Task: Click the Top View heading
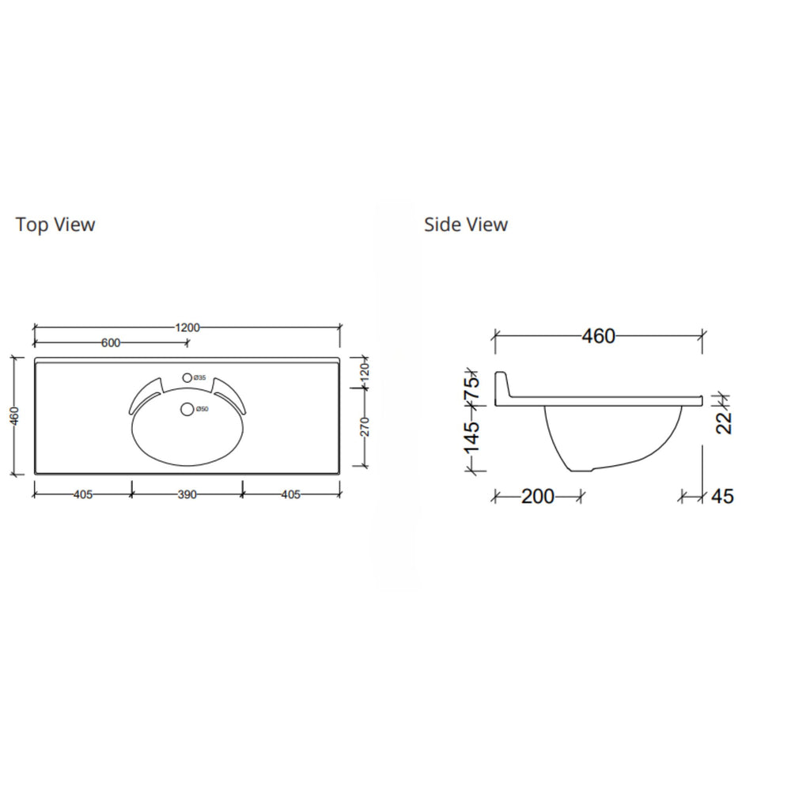click(x=55, y=225)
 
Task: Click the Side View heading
click(x=466, y=225)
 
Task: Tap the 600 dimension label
click(x=111, y=343)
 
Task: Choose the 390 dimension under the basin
click(x=187, y=495)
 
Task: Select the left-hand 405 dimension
click(x=83, y=495)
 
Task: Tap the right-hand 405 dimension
click(x=290, y=495)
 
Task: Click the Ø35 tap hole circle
click(x=187, y=378)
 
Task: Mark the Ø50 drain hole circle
click(x=187, y=409)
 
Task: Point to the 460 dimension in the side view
click(x=598, y=336)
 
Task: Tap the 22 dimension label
click(x=725, y=422)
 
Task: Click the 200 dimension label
click(x=538, y=497)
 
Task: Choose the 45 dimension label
click(x=722, y=497)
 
